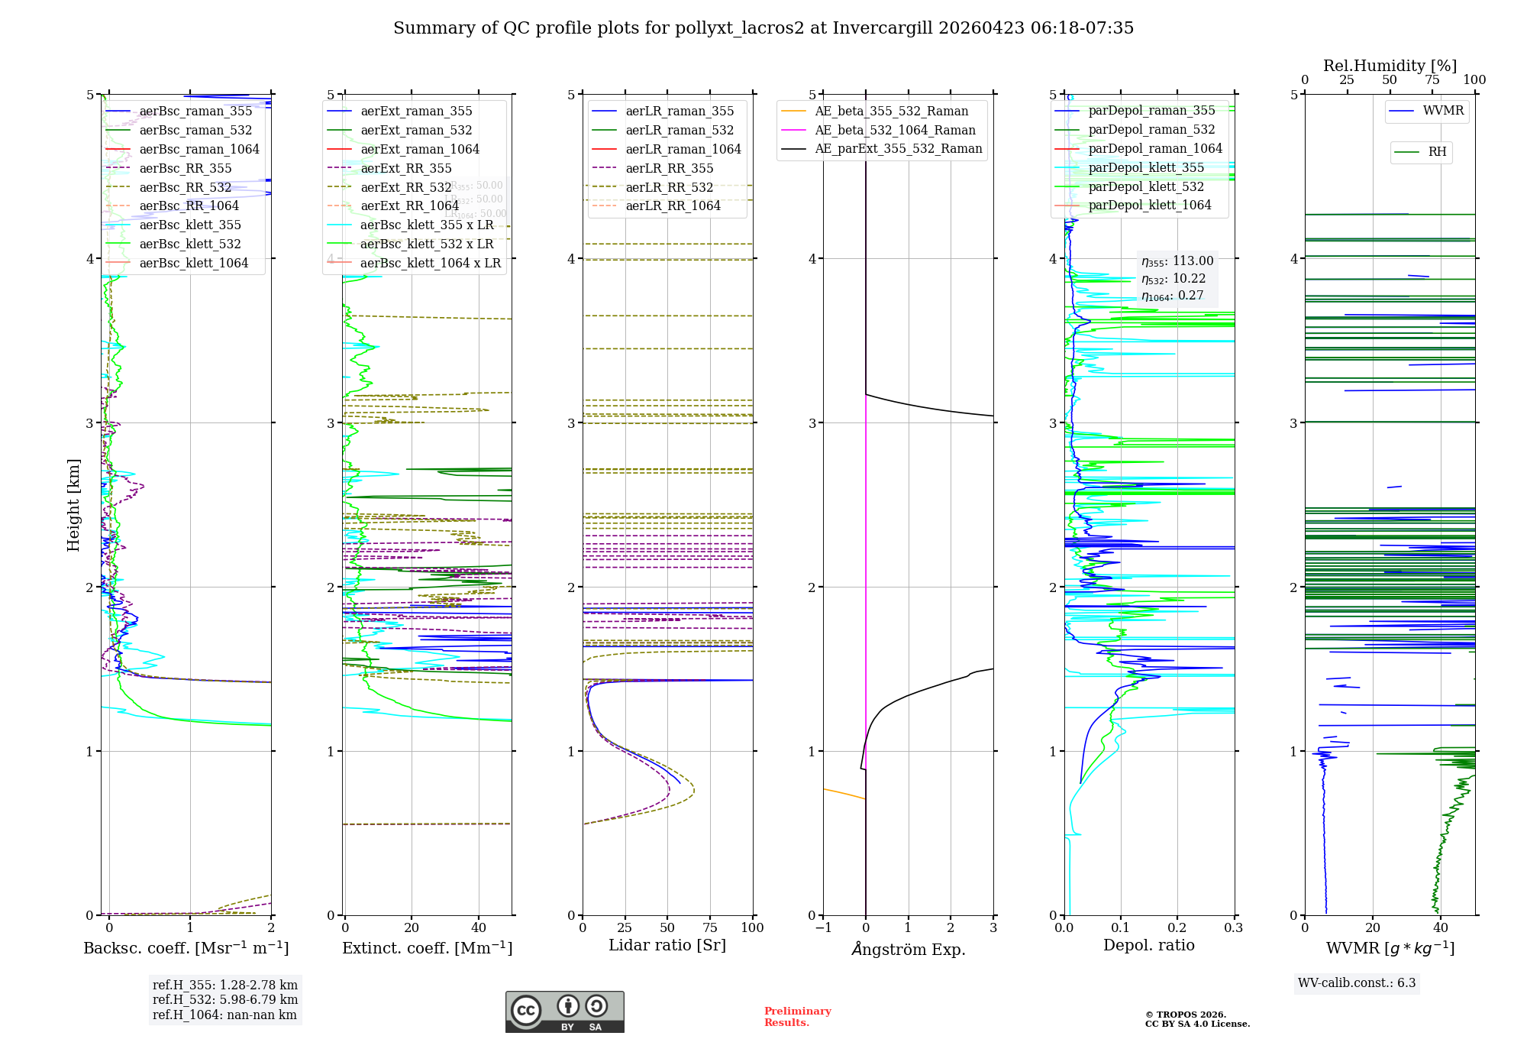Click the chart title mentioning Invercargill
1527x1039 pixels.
pos(763,28)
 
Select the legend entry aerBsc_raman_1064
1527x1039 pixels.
pos(199,149)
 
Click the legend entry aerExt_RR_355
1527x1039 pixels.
pos(405,168)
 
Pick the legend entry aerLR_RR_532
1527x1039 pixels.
pos(669,187)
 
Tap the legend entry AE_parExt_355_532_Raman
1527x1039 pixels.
pos(898,148)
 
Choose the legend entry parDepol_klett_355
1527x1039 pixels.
pos(1145,167)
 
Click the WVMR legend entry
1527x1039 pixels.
pos(1442,111)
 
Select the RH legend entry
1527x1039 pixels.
pos(1436,152)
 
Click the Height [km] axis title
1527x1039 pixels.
pos(73,504)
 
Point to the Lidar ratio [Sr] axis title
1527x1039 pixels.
pos(667,945)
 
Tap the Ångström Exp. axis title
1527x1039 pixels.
pos(908,949)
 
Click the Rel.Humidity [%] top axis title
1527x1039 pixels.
pos(1390,66)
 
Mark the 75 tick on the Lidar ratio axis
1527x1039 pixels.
pos(710,927)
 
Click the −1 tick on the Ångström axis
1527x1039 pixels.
pos(822,927)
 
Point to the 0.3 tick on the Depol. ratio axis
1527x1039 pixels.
pos(1233,927)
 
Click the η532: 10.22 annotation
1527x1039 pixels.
pos(1173,279)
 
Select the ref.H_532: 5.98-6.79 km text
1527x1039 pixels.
pos(224,999)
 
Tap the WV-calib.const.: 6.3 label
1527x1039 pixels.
pos(1356,982)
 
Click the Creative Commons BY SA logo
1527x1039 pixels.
pos(564,1011)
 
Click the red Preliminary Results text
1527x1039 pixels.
pos(797,1016)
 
